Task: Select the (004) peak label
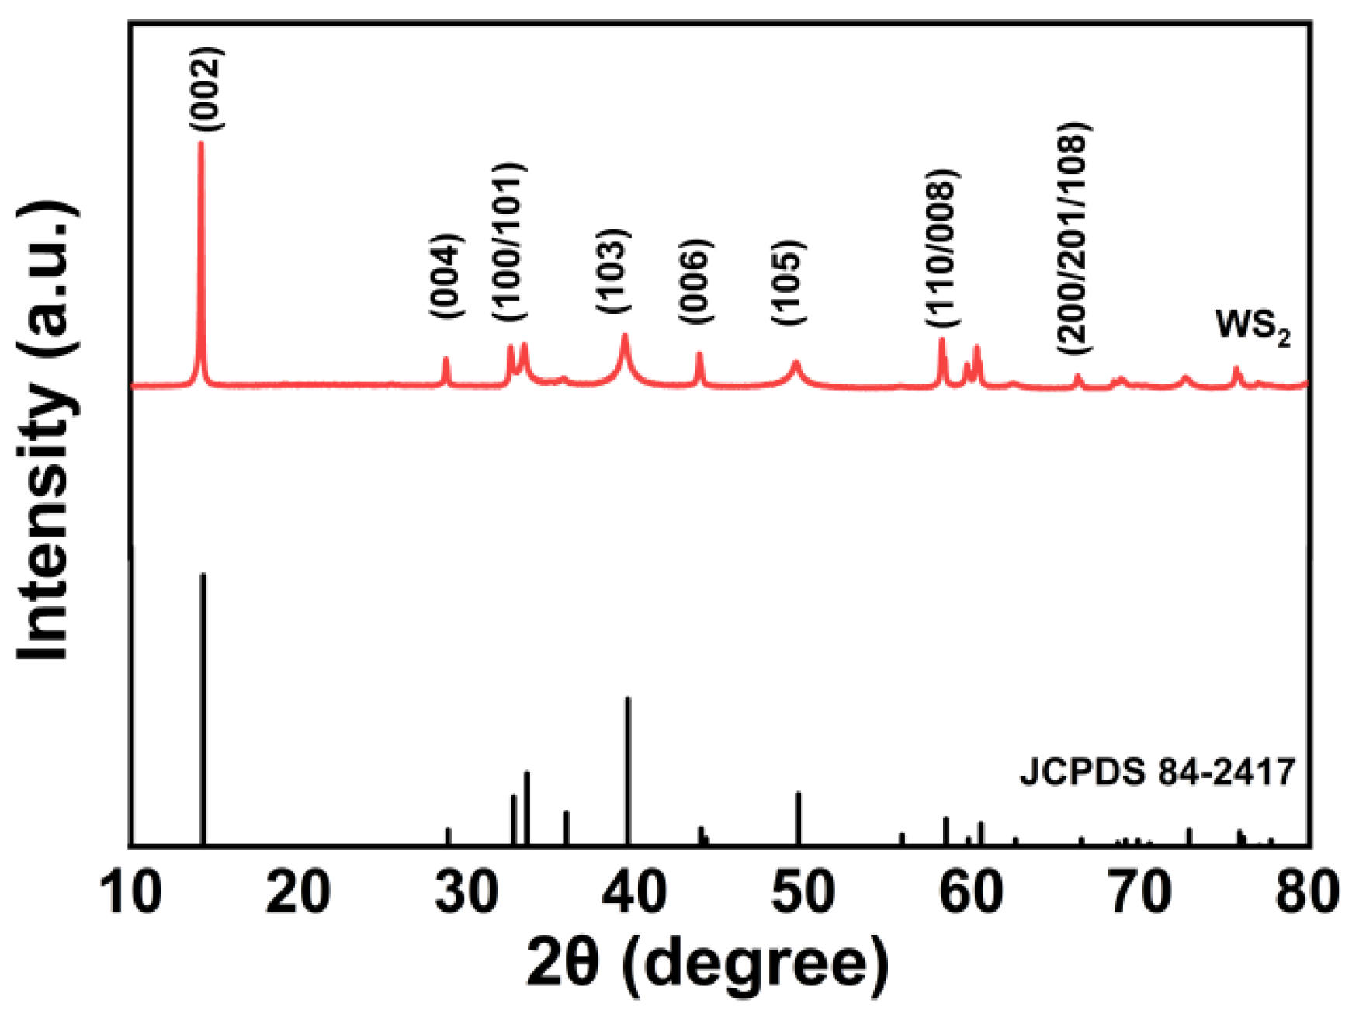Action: [447, 276]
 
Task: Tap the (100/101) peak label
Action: [510, 242]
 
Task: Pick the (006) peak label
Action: [695, 282]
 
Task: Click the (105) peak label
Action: [789, 283]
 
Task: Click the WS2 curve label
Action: [1252, 327]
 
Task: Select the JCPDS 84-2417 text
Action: [1157, 773]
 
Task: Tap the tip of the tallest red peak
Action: [202, 144]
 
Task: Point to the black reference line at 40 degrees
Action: [628, 769]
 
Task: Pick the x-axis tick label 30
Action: [465, 892]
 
